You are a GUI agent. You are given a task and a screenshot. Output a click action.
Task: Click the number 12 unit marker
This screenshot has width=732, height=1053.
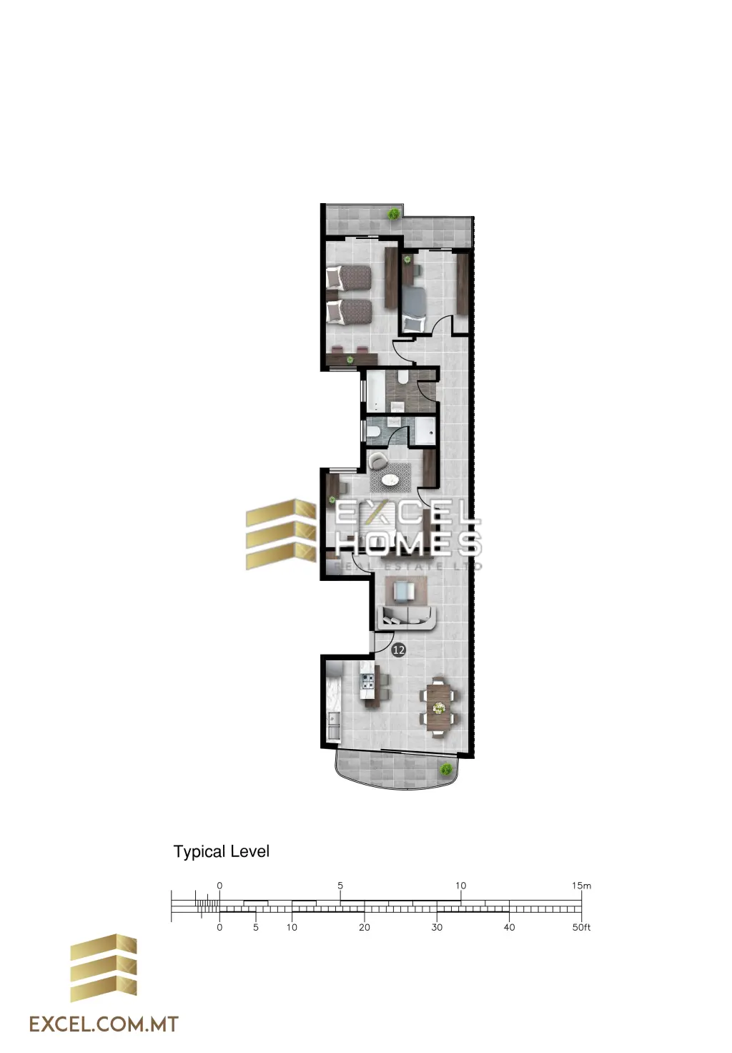[x=398, y=650]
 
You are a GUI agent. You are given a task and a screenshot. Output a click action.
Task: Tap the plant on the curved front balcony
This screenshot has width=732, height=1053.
[x=445, y=770]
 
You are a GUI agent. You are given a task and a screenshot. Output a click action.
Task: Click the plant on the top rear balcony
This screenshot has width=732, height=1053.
[x=392, y=214]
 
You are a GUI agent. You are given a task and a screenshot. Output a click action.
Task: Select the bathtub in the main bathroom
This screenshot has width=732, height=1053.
[x=375, y=391]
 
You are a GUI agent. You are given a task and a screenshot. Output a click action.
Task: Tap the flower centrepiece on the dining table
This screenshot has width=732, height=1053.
[x=439, y=707]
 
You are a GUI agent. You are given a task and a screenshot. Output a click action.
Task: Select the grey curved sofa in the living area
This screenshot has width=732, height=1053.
[x=407, y=617]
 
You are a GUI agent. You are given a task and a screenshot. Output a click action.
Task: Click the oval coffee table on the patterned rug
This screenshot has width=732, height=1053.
[x=390, y=480]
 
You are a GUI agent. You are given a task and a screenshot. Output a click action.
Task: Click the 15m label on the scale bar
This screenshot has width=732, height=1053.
[x=581, y=886]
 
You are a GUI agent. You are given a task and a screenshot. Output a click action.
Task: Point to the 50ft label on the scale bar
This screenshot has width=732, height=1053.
[x=581, y=927]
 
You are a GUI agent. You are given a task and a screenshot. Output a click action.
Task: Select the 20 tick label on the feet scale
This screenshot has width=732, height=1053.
[x=364, y=927]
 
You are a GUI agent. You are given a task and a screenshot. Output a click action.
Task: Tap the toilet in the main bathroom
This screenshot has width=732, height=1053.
[x=402, y=378]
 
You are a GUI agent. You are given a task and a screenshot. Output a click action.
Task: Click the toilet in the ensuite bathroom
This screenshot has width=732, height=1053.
[x=374, y=433]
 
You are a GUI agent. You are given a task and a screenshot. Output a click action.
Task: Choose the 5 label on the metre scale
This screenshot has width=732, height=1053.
[x=340, y=886]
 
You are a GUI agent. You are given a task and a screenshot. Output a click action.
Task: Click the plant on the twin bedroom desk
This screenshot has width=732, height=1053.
[x=350, y=360]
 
